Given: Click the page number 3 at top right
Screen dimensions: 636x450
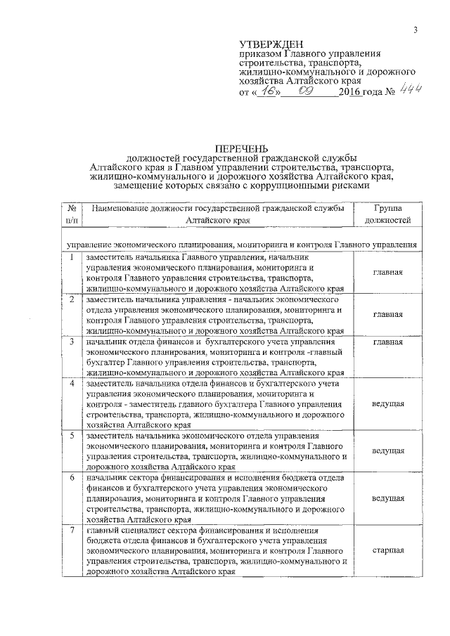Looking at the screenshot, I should [x=416, y=29].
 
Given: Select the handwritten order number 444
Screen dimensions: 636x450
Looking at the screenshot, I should [x=410, y=90].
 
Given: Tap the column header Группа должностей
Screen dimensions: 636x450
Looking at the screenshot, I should [x=387, y=214].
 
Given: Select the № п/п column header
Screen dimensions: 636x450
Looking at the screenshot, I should [x=71, y=214].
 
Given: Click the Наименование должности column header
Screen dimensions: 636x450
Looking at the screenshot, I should [x=217, y=214].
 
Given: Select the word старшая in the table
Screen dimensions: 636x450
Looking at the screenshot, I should [x=387, y=550].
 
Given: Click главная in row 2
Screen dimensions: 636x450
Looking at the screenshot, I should [x=387, y=314].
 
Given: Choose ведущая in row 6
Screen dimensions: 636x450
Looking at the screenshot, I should [x=387, y=498].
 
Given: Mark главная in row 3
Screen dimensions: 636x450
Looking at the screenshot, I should [x=387, y=342].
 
